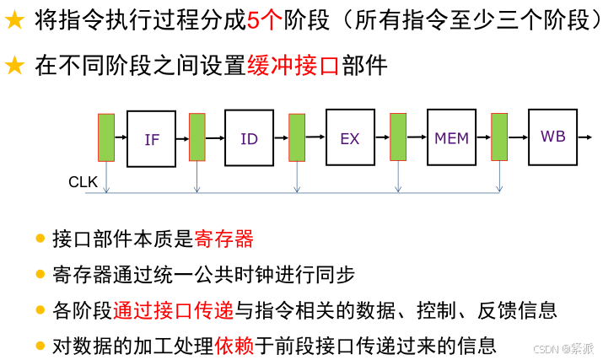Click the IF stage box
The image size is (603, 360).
tap(151, 139)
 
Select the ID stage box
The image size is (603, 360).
tap(249, 138)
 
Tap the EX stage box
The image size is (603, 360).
tap(350, 138)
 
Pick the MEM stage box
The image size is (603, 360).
tap(451, 137)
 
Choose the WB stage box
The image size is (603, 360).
tap(552, 136)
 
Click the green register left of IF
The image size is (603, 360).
tap(106, 137)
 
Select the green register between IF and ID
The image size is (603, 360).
tap(197, 137)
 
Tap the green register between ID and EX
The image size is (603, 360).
tap(297, 137)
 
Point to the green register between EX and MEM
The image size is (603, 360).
tap(398, 137)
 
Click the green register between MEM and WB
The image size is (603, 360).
tap(499, 137)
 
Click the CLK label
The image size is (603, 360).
tap(83, 182)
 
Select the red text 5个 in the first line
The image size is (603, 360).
tap(266, 21)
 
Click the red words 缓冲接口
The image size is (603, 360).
tap(292, 66)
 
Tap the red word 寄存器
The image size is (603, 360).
tap(223, 239)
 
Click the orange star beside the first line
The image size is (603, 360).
tap(14, 22)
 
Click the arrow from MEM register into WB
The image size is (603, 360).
tap(518, 136)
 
